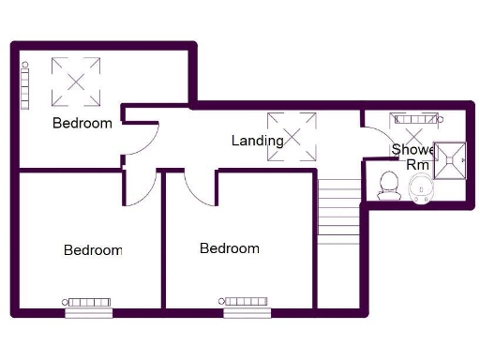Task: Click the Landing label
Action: [258, 141]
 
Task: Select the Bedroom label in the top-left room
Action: [82, 123]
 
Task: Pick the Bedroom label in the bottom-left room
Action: [93, 250]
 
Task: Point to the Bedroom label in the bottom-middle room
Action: [230, 248]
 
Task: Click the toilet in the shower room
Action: [387, 185]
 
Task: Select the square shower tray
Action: [453, 158]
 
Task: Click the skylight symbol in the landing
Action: [290, 135]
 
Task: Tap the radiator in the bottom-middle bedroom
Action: [246, 301]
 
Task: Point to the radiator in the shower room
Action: [415, 118]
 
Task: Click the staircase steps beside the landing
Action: [338, 208]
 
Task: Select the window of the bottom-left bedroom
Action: [89, 313]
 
